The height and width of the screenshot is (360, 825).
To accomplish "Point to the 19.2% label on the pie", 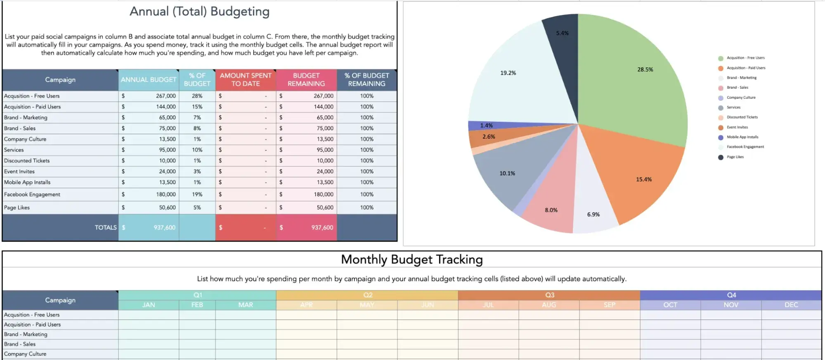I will tap(508, 73).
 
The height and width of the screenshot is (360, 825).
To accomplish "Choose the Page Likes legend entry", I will tap(735, 157).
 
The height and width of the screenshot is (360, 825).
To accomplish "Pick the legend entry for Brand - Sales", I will tap(737, 88).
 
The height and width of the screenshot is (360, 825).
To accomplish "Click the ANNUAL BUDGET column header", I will tap(149, 80).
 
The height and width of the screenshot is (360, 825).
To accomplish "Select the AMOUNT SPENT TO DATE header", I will tap(246, 80).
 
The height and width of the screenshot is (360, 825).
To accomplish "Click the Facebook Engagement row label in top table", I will tap(32, 194).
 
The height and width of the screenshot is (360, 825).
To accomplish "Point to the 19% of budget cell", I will tap(197, 194).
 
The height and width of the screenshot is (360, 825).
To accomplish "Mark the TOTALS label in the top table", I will tap(106, 227).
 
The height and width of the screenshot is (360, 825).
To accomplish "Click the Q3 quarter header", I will tap(549, 295).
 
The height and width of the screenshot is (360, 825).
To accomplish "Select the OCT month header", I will tap(670, 305).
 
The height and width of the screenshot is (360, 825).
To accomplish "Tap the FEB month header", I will tap(197, 305).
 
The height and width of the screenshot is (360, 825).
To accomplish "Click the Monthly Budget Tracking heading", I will tap(412, 260).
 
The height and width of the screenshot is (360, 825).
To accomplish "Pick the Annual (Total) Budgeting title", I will tap(200, 12).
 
